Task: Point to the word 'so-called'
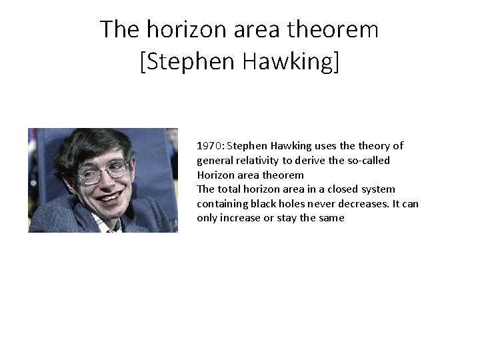(369, 161)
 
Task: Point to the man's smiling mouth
(111, 197)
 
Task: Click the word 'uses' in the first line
(323, 146)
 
